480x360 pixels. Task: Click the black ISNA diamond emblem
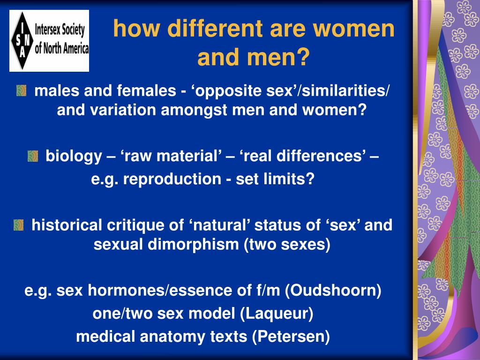point(22,41)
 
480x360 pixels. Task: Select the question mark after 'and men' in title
point(303,57)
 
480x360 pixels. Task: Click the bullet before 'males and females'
point(22,90)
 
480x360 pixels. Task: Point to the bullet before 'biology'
point(33,156)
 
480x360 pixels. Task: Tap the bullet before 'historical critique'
point(19,225)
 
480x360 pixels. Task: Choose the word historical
point(67,225)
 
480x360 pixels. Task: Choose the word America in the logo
point(76,49)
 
